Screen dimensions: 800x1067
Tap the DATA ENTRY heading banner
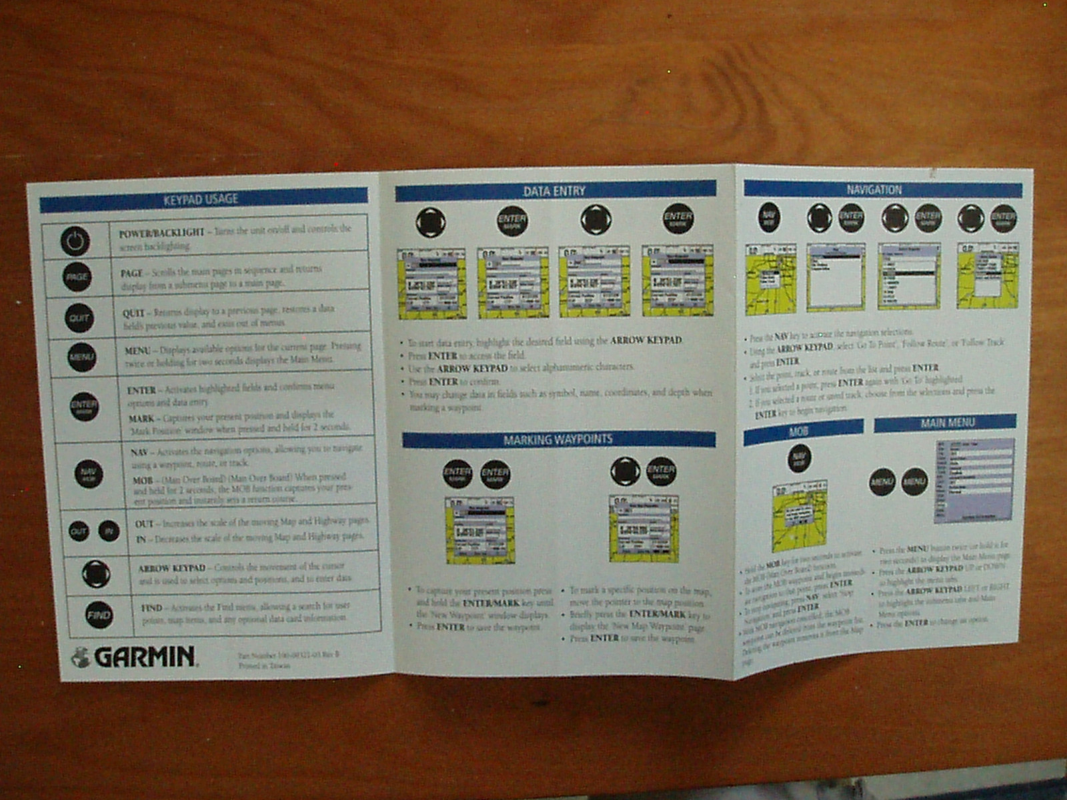pos(555,191)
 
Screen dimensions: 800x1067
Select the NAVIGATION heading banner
pos(882,190)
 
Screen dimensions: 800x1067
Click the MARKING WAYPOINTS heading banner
pos(558,439)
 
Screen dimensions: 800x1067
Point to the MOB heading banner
pos(802,432)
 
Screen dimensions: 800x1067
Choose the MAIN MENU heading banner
pos(945,423)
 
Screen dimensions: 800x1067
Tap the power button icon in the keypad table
pos(75,241)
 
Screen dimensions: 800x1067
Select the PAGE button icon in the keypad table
pos(77,277)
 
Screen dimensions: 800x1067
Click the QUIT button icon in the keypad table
pos(79,318)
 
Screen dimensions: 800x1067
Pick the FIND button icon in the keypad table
pos(99,615)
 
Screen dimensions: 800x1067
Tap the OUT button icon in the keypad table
pos(79,531)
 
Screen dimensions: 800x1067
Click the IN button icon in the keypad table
pos(109,531)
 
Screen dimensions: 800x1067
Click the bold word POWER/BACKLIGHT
pos(161,233)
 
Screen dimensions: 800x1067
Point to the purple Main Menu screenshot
pos(974,480)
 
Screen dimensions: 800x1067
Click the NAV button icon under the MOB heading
pos(799,459)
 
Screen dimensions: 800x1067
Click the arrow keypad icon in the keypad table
pos(95,573)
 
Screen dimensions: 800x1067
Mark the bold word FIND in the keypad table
pos(151,608)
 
